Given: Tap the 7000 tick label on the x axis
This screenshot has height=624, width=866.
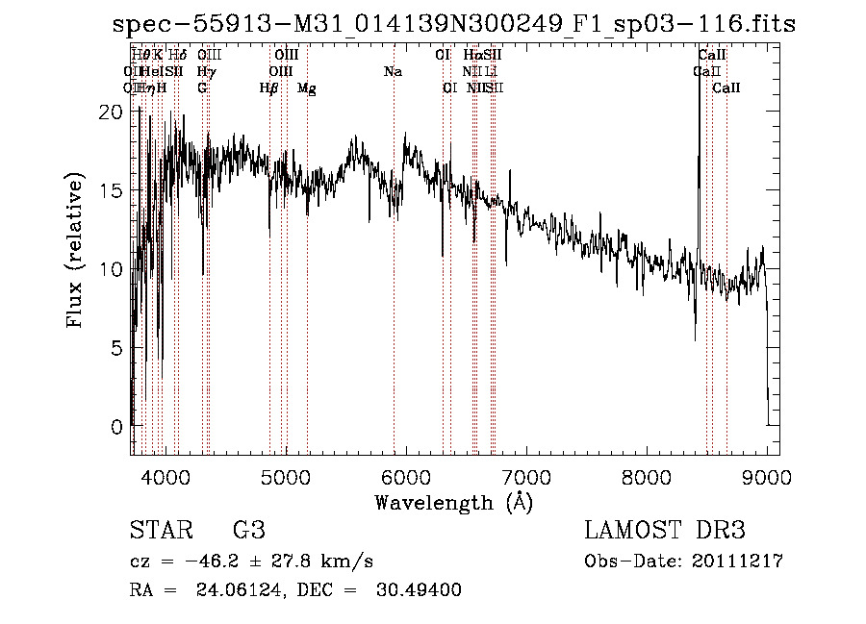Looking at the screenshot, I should point(526,476).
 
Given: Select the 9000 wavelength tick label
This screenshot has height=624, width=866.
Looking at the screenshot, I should point(767,476).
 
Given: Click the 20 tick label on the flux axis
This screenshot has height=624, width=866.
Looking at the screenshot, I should point(112,112).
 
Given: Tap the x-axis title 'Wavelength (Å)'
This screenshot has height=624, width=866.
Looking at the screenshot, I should point(453,502).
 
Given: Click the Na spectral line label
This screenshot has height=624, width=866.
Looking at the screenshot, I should point(393,72).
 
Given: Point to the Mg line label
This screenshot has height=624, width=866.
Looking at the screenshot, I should point(306,88).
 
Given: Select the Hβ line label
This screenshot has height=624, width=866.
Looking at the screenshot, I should point(269,88).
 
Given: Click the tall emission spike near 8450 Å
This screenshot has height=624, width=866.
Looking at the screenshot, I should point(700,144).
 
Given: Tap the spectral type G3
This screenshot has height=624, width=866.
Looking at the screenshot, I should point(248,531).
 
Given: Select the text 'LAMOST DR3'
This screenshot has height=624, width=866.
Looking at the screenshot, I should point(664,531).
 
